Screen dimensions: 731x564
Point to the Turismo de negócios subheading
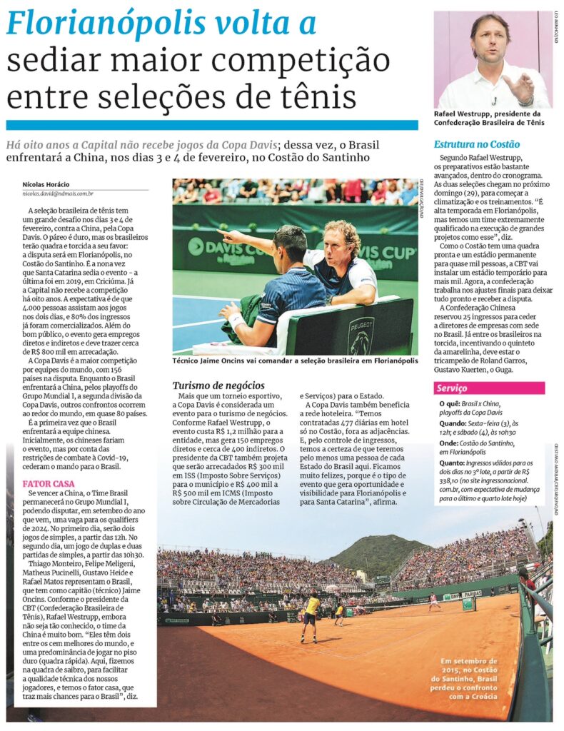(x=218, y=385)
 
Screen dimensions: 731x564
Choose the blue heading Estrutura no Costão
(x=477, y=144)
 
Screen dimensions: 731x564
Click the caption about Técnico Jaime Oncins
(x=295, y=361)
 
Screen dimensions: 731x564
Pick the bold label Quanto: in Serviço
(x=453, y=463)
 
